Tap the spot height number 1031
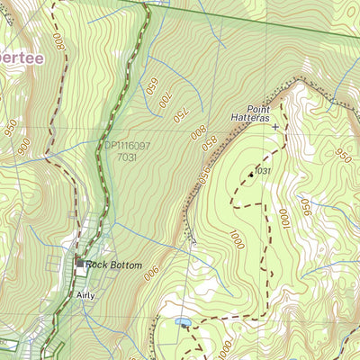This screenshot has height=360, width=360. [262, 170]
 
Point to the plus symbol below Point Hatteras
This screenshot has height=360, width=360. [275, 127]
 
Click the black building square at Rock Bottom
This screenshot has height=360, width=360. [80, 264]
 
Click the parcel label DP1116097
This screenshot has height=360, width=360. [127, 144]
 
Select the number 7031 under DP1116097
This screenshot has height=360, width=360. [127, 157]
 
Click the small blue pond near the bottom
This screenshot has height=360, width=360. [183, 320]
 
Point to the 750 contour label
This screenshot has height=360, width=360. [179, 114]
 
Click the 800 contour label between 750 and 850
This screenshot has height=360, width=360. [196, 132]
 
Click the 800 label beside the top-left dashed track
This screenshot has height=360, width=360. [58, 42]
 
